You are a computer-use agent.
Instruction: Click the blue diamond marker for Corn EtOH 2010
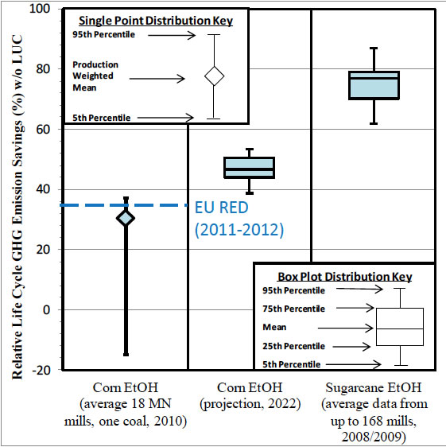click(126, 219)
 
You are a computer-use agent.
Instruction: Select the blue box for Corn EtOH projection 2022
click(250, 168)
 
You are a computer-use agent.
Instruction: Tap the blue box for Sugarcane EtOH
click(374, 85)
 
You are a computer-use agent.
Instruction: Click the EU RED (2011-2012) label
click(239, 219)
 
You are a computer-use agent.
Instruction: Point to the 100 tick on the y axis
click(40, 9)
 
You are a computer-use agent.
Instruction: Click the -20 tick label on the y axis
click(41, 371)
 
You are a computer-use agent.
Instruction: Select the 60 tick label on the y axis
click(43, 130)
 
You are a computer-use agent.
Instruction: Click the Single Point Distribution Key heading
click(156, 21)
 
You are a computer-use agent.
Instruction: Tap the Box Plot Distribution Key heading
click(345, 277)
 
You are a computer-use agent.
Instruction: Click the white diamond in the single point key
click(215, 76)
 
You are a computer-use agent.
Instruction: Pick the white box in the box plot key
click(400, 327)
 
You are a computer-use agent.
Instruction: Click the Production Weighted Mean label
click(95, 76)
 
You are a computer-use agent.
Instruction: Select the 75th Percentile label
click(293, 309)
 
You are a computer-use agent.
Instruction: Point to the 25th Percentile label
click(293, 346)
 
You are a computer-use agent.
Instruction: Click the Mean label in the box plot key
click(274, 327)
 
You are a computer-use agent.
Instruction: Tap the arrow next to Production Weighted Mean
click(157, 79)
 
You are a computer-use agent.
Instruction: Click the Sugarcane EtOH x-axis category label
click(374, 412)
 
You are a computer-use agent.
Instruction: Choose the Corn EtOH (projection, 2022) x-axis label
click(250, 395)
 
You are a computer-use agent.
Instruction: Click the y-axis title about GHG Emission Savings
click(17, 207)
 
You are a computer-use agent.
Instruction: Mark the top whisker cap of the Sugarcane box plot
click(374, 49)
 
